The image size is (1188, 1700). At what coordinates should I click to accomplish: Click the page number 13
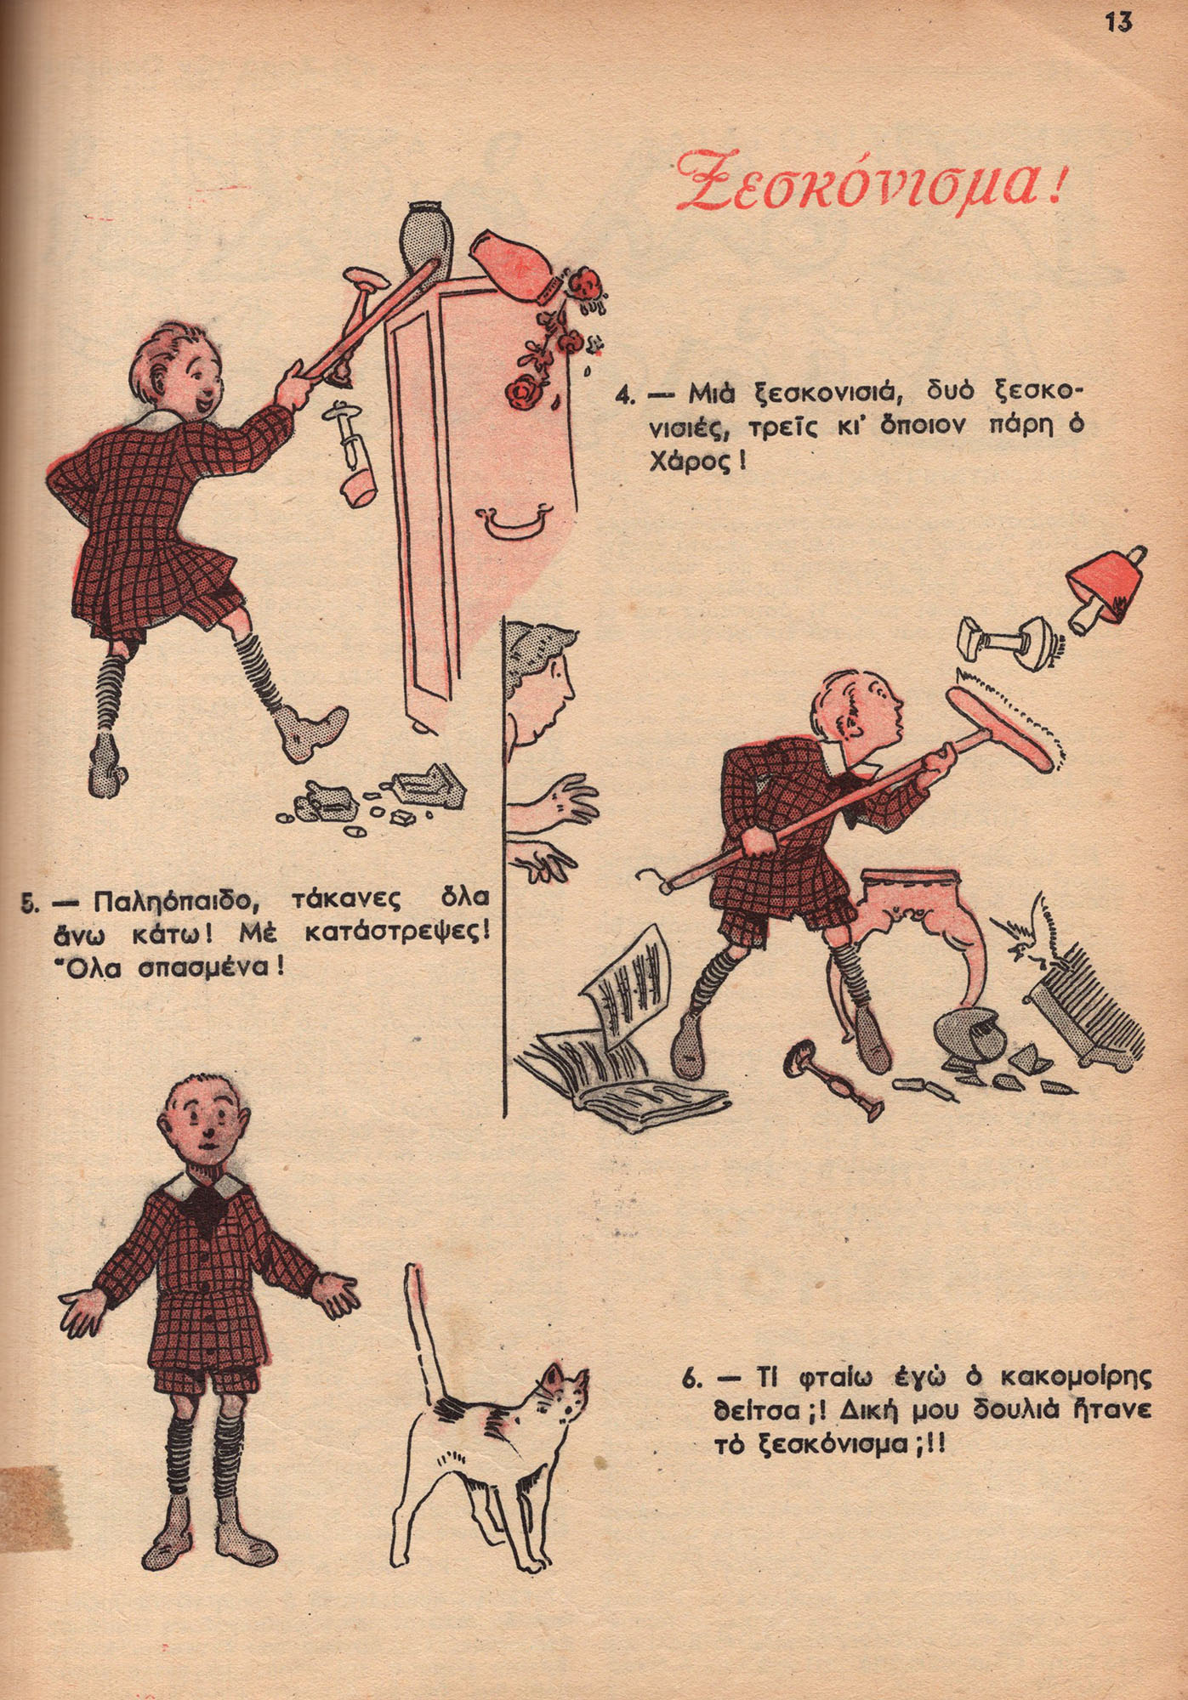click(1119, 22)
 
